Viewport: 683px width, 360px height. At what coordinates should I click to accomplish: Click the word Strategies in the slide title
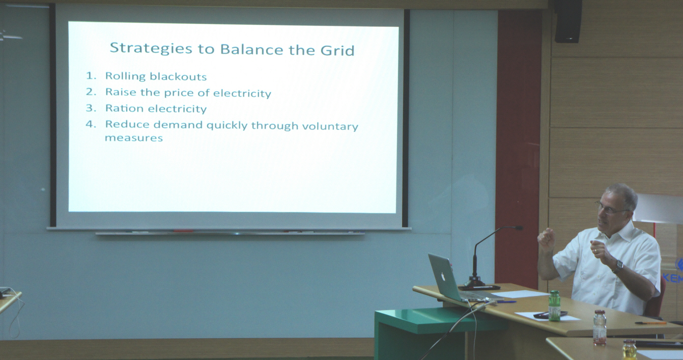tap(151, 49)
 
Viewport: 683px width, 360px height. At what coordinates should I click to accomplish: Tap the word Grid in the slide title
tap(337, 50)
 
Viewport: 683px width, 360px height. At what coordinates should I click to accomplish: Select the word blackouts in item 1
tap(178, 76)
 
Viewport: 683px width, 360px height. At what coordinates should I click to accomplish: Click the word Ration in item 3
tap(124, 108)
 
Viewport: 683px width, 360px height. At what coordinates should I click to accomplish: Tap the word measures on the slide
tap(134, 138)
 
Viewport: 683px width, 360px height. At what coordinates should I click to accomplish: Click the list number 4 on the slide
tap(91, 124)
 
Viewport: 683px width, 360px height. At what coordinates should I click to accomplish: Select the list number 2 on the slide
tap(91, 92)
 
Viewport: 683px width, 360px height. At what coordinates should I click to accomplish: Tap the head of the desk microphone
tap(518, 228)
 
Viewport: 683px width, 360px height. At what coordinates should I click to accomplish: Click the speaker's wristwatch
tap(618, 266)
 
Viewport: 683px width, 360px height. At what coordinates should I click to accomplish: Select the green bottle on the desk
tap(554, 306)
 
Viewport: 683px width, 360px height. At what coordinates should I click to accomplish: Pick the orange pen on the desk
tap(650, 323)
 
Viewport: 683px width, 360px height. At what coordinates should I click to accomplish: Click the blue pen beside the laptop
tap(506, 302)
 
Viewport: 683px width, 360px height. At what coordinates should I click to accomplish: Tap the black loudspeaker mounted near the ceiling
tap(568, 21)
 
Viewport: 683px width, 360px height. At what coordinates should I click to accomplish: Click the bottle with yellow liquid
tap(629, 350)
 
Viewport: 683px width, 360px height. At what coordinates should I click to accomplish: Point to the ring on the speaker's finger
tap(595, 251)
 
